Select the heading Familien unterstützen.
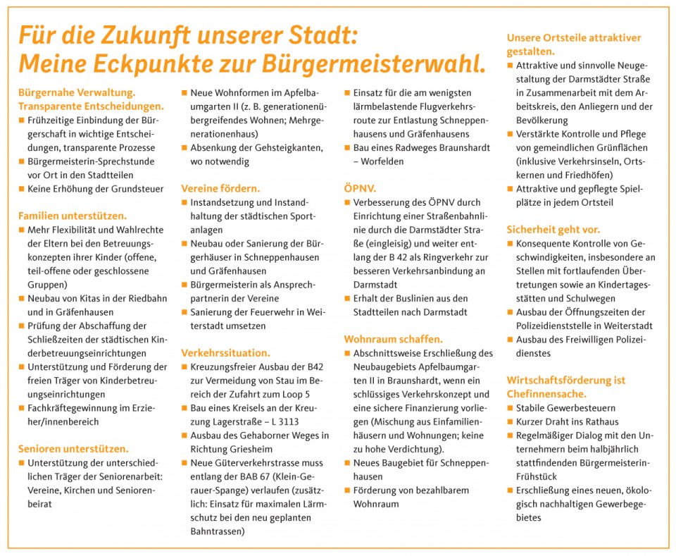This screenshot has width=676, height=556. click(x=73, y=216)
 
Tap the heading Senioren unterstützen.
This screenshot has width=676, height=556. click(x=73, y=448)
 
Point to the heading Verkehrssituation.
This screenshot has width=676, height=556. click(x=225, y=352)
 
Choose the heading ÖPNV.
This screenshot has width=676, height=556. click(x=360, y=188)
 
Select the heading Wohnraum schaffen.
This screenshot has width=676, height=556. click(x=393, y=338)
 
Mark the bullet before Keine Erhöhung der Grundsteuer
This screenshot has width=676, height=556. click(x=21, y=189)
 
